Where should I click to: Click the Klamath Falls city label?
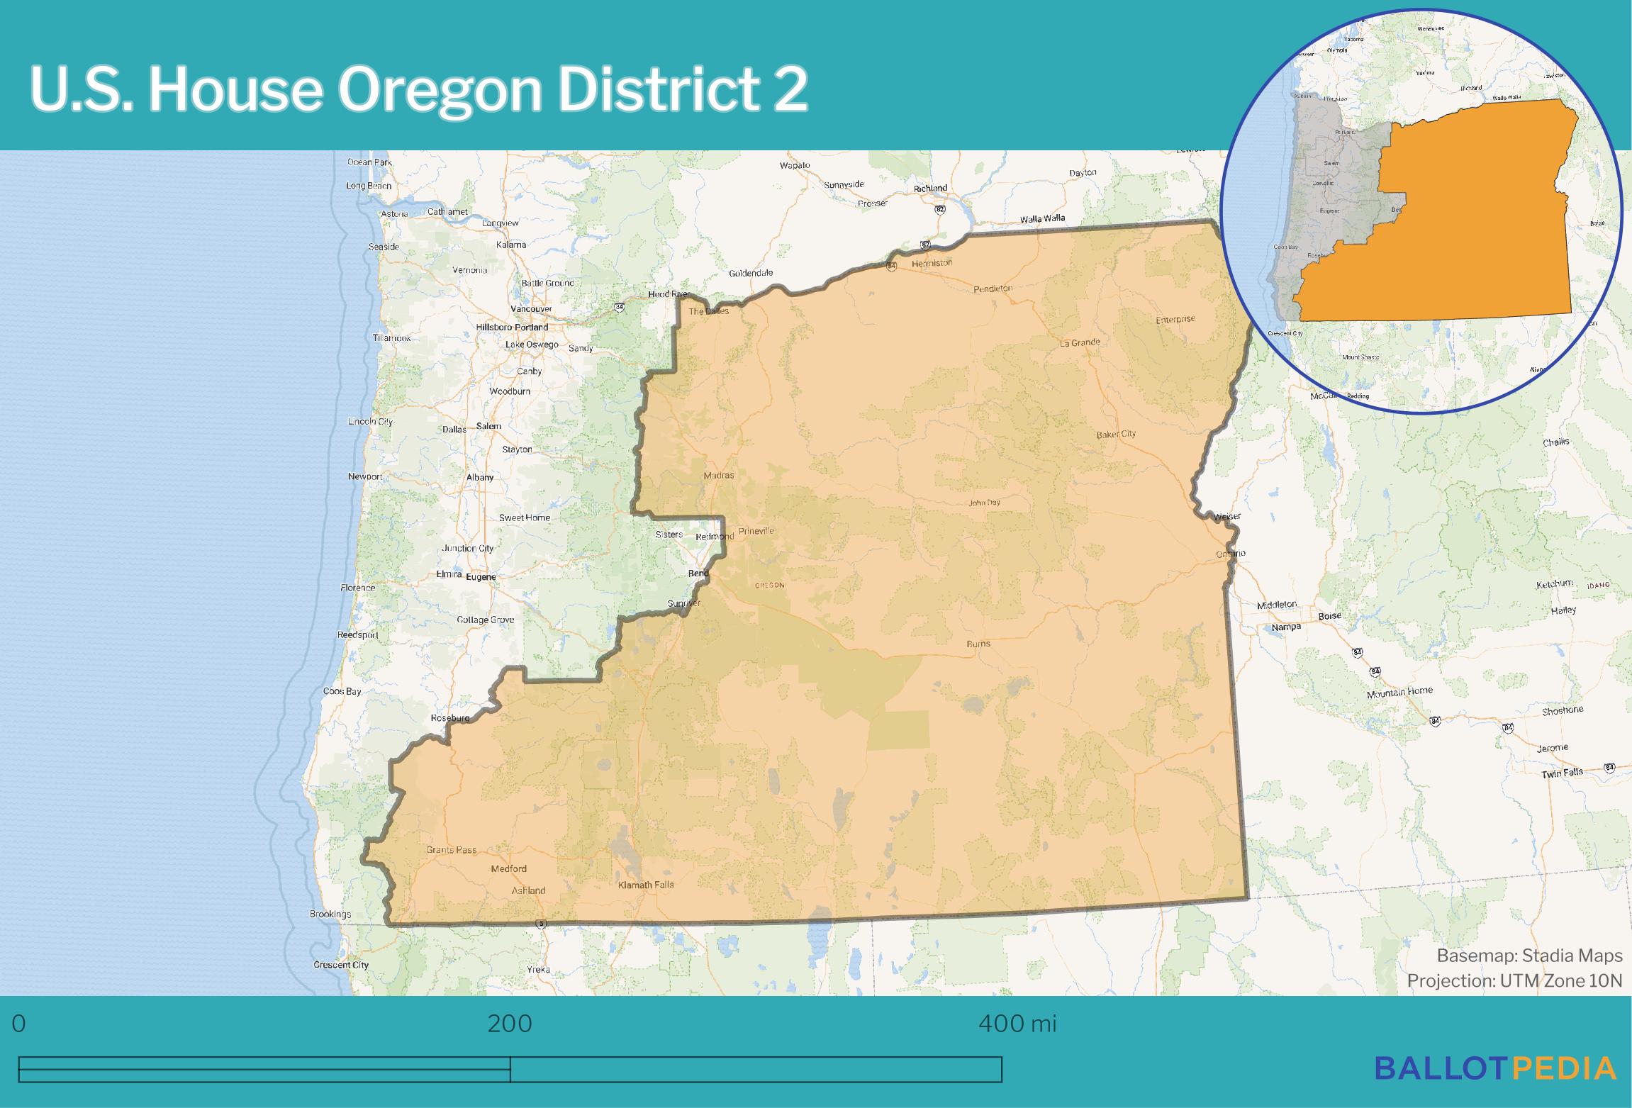[646, 885]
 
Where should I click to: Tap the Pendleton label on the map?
[993, 289]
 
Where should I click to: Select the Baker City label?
[1116, 434]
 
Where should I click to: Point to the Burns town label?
[978, 644]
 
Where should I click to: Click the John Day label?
[984, 503]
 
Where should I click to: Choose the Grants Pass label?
[451, 849]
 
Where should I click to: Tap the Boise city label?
[1329, 616]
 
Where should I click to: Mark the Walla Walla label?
[1041, 219]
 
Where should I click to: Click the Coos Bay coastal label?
[342, 691]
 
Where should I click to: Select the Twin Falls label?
[1562, 773]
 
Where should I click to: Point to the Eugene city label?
[481, 577]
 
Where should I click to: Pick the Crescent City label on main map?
[341, 965]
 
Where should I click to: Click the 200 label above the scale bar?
[510, 1024]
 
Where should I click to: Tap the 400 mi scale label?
[1017, 1024]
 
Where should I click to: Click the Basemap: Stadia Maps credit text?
[1529, 956]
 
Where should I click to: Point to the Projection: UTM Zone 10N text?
[1514, 980]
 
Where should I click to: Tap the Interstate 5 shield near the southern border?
[542, 924]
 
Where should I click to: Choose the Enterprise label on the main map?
[1175, 320]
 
